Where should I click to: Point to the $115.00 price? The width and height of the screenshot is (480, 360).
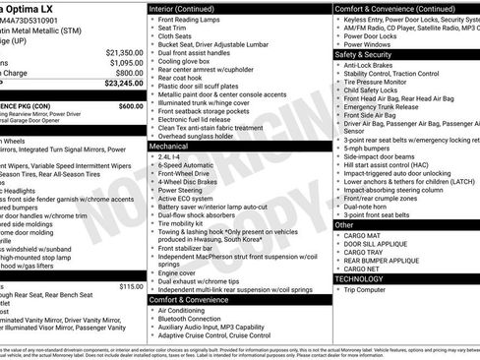point(130,286)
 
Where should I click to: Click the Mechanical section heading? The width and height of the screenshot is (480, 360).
point(169,145)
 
